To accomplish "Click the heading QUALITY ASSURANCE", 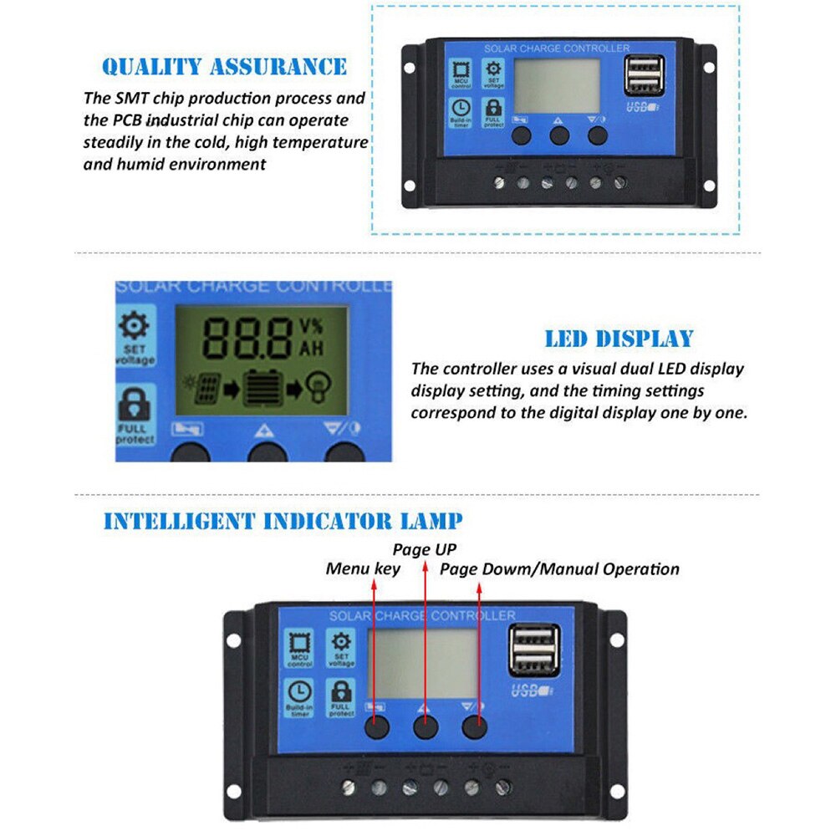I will [x=224, y=67].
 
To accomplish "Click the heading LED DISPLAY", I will [x=619, y=339].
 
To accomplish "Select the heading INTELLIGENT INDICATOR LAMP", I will [x=283, y=522].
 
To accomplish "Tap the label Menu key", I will [x=363, y=569].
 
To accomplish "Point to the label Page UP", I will [x=425, y=549].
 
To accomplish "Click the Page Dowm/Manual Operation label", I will [x=559, y=569].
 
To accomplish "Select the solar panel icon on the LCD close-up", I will [x=206, y=389].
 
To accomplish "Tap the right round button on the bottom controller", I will [x=476, y=727].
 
